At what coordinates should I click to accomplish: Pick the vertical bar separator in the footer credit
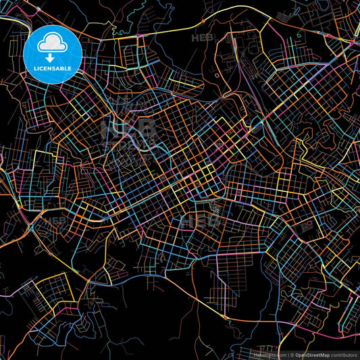(x=287, y=355)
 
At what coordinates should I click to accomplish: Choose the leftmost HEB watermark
(x=54, y=220)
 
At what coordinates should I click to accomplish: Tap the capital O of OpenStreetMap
(x=298, y=355)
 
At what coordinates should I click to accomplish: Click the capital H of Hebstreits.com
(x=255, y=355)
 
